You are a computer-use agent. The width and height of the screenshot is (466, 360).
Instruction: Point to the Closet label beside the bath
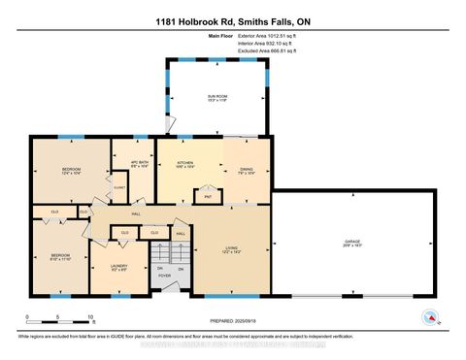119,186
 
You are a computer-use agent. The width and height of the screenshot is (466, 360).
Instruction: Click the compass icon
429,316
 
